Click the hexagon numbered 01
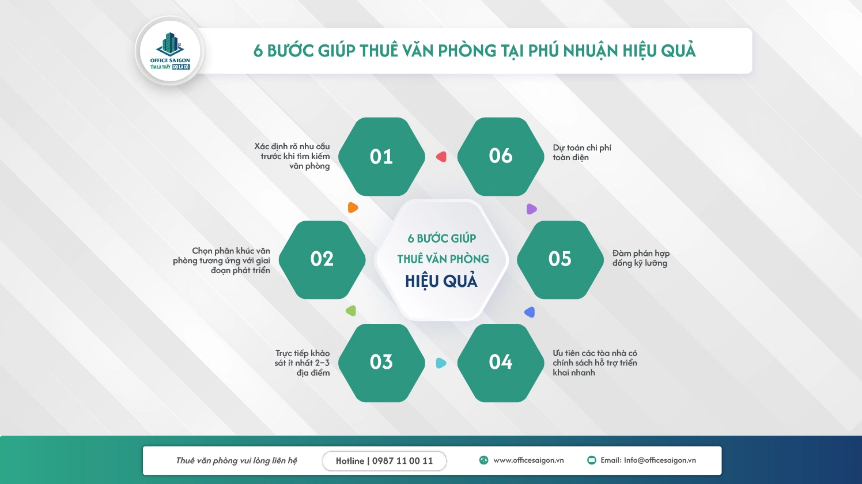pos(381,157)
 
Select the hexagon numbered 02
pos(322,259)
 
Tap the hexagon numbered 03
pos(381,362)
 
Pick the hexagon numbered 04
pos(500,362)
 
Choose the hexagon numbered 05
pos(559,259)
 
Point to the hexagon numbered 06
pos(500,156)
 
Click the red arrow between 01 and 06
pos(441,157)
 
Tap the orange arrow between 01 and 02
pos(353,207)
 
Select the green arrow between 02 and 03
pos(351,311)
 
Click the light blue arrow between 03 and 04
pos(441,363)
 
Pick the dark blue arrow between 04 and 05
pos(530,312)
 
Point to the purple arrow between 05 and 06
pos(531,209)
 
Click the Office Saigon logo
pos(170,51)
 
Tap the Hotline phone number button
pos(384,461)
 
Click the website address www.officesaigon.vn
pos(528,460)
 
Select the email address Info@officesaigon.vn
pos(648,460)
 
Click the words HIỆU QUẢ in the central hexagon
pos(441,281)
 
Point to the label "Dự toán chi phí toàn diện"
pos(581,153)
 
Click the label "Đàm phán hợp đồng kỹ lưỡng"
pos(640,258)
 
